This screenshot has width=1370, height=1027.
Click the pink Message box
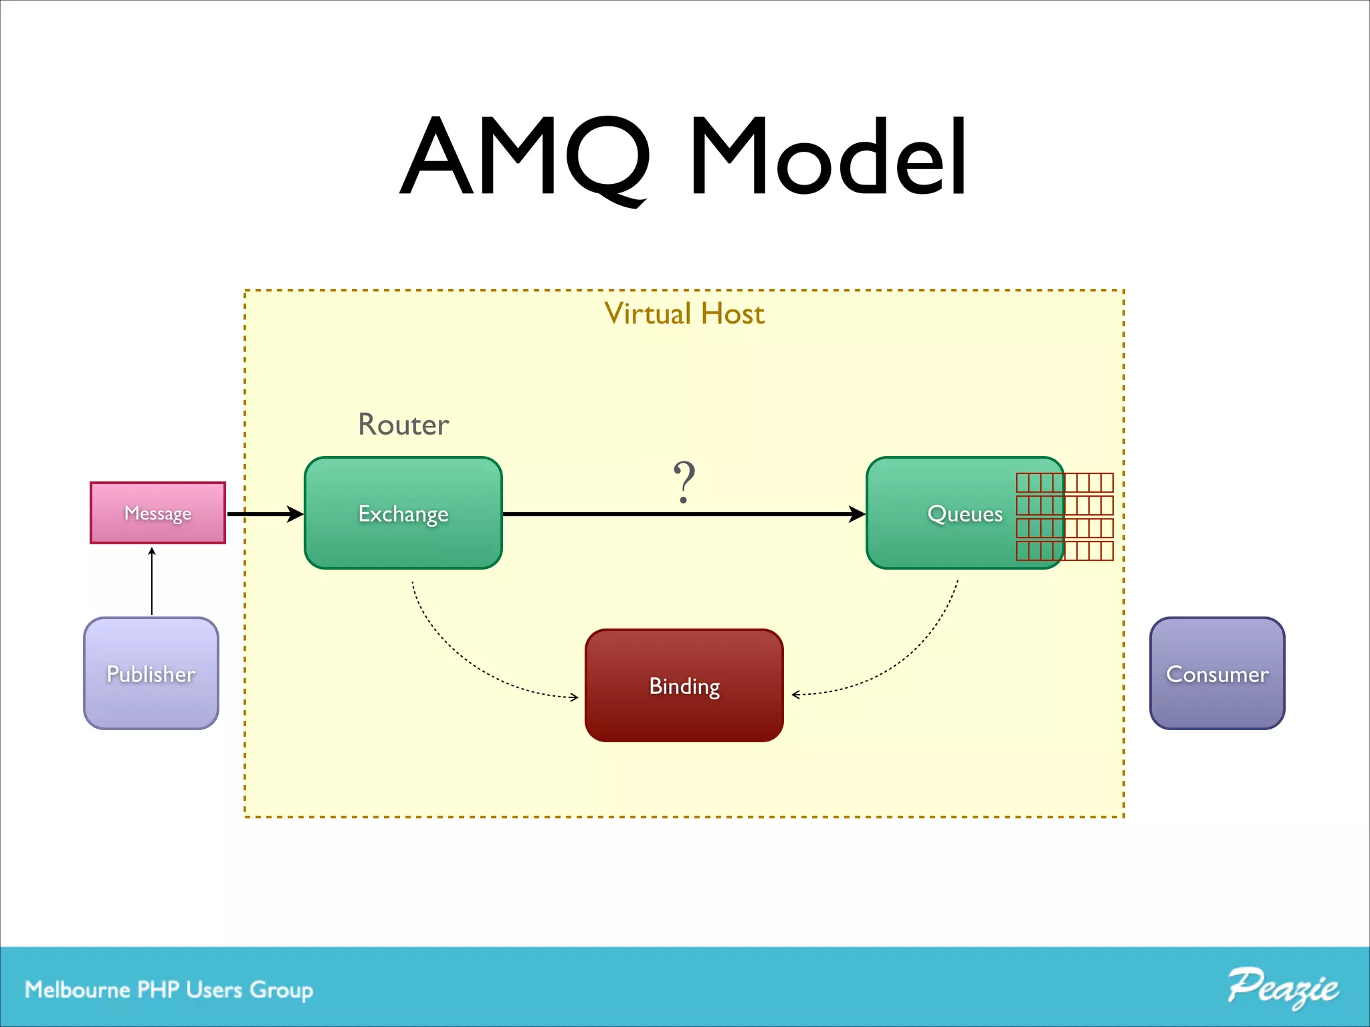158,513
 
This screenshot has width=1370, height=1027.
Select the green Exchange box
403,513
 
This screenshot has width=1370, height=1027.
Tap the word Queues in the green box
965,513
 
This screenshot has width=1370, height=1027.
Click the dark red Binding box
684,685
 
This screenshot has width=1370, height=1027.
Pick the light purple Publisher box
151,673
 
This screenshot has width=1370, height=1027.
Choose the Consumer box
1217,673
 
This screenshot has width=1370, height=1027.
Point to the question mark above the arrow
684,481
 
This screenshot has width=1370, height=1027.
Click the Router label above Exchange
403,425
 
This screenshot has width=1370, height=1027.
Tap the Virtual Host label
684,314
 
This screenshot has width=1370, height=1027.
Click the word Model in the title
828,157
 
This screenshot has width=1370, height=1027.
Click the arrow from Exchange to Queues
682,514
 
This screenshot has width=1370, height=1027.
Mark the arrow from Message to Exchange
265,514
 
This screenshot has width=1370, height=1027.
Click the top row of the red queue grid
1064,482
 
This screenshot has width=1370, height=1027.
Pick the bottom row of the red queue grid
1064,551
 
